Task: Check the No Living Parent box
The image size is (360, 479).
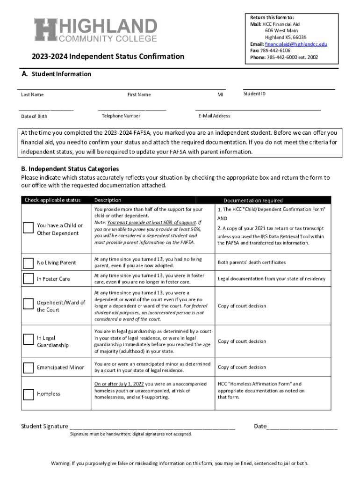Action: pos(29,262)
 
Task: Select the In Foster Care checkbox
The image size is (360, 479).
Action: pos(29,279)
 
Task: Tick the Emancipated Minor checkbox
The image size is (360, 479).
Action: pos(29,367)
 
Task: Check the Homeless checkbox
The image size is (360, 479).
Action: pos(29,394)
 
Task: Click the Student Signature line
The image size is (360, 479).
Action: pos(152,427)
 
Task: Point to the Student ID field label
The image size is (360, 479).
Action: pos(254,94)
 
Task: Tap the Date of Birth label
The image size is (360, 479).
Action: pos(34,116)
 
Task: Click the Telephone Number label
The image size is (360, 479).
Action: pos(121,116)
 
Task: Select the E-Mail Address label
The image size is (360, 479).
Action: pos(214,116)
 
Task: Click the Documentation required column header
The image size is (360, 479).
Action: pos(252,200)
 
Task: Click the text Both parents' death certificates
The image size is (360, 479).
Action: pos(252,262)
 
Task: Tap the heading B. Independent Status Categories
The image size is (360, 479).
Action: pos(70,169)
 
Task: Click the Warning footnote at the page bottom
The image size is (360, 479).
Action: pos(180,464)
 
